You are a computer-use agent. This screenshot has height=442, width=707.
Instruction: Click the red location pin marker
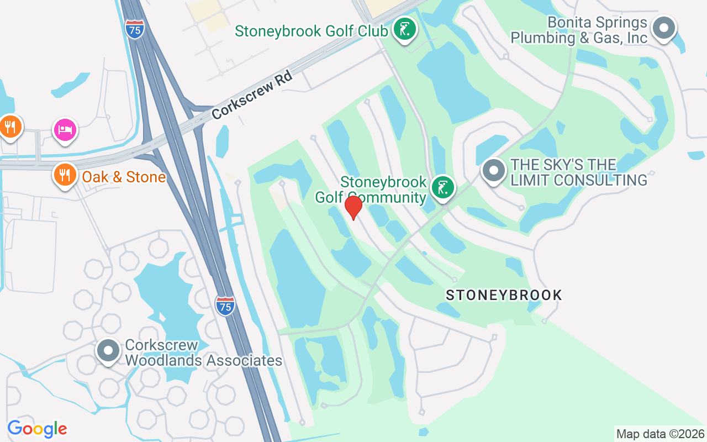pos(353,207)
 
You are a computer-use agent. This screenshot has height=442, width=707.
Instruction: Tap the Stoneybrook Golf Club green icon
pos(404,28)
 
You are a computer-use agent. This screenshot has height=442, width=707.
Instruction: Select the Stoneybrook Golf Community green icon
pos(442,188)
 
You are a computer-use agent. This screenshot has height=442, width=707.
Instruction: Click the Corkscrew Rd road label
pos(251,95)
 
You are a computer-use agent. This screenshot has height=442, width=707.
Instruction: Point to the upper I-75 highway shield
pos(134,29)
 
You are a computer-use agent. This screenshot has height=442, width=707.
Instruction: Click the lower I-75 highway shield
pos(225,305)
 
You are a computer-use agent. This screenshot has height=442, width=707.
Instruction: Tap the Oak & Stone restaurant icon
pos(65,175)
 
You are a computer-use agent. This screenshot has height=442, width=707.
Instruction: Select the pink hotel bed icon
pos(65,130)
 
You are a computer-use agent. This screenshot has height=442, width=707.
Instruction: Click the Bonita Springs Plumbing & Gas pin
pos(663,28)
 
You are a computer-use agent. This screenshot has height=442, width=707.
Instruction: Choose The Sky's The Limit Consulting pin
pos(493,170)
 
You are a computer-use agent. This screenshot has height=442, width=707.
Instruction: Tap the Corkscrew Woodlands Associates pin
pos(108,351)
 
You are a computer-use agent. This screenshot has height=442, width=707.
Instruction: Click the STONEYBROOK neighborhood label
pos(504,295)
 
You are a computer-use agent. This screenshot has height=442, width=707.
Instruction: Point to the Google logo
pos(37,429)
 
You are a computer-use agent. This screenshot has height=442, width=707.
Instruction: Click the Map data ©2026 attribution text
pos(660,434)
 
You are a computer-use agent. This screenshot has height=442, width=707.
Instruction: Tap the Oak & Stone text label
pos(124,177)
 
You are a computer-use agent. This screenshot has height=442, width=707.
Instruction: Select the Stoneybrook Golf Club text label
pos(311,31)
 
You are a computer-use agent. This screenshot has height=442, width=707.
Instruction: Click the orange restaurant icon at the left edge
pos(9,126)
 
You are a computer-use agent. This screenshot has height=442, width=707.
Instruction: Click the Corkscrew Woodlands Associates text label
pos(203,353)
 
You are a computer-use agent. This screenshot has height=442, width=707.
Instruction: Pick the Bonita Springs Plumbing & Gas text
pos(578,30)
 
